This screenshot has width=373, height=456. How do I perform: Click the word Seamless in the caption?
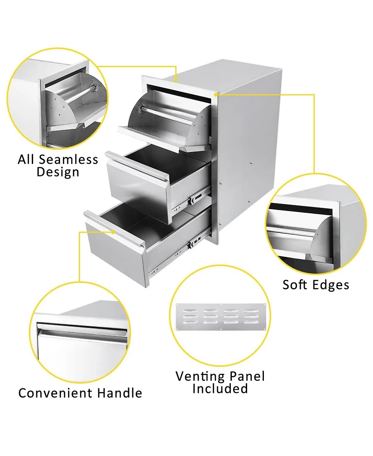pyautogui.click(x=69, y=160)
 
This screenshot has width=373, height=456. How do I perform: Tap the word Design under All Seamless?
pyautogui.click(x=58, y=172)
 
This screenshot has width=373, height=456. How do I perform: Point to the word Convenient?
pyautogui.click(x=55, y=393)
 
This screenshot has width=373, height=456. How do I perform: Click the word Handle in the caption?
pyautogui.click(x=119, y=393)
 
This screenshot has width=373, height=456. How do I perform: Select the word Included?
pyautogui.click(x=220, y=388)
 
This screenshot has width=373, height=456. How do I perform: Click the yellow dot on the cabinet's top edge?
pyautogui.click(x=176, y=80)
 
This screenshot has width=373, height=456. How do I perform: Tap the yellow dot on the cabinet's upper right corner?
pyautogui.click(x=216, y=94)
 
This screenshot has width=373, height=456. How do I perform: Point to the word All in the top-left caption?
pyautogui.click(x=27, y=160)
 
